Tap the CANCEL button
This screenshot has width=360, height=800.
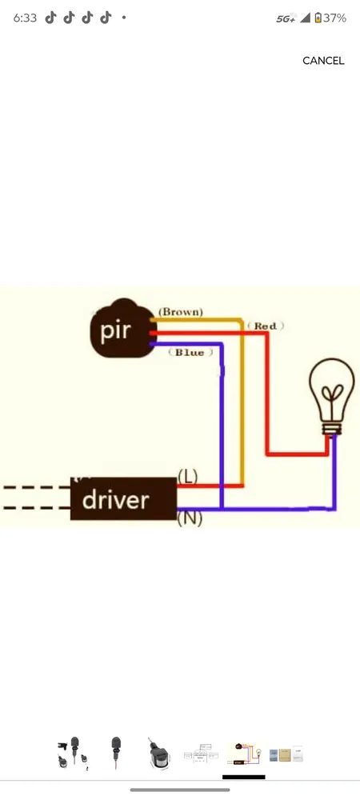coord(323,61)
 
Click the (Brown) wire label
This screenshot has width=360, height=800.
coord(181,311)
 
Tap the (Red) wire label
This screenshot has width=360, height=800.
coord(266,326)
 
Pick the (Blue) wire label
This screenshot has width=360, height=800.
coord(190,352)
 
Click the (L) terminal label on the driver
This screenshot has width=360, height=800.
coord(187,477)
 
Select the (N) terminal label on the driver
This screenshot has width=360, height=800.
coord(190,518)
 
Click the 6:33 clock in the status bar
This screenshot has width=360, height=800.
coord(25,18)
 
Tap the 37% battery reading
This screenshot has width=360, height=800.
coord(335,18)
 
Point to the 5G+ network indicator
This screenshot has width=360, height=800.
coord(286,18)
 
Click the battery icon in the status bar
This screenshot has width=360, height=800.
coord(318,18)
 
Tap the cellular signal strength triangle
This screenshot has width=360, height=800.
coord(305,18)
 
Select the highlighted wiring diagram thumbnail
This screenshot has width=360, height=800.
coord(243,754)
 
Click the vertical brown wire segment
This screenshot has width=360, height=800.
coord(242,400)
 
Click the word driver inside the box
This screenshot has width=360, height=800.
coord(115,500)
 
